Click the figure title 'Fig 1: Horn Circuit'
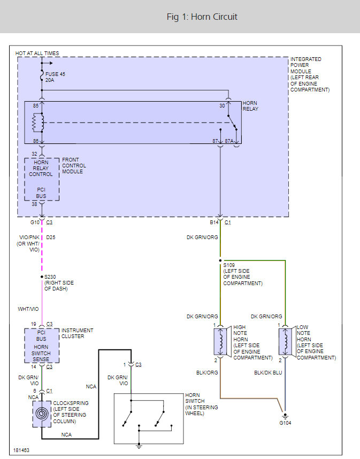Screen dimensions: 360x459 tap(202, 17)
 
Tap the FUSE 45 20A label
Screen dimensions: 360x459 tap(55, 77)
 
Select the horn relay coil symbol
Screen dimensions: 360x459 tap(38, 123)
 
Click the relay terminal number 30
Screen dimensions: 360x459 tap(222, 106)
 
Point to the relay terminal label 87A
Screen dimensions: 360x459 tap(229, 141)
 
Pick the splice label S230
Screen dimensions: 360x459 tap(50, 277)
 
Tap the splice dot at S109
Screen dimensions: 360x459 tap(220, 260)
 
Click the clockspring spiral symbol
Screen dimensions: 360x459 tap(42, 414)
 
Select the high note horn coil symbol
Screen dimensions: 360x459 tap(221, 341)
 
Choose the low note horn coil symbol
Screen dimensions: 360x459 tap(285, 341)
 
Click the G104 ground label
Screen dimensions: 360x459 tap(285, 423)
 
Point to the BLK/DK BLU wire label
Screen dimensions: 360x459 tap(268, 373)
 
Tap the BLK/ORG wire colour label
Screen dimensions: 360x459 tap(207, 373)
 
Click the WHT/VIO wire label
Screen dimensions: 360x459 tap(28, 309)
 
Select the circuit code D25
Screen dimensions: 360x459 tap(51, 238)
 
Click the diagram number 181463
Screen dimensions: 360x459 tap(21, 450)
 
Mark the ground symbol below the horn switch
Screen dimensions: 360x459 tap(139, 446)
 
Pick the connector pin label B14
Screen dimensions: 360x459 tap(215, 223)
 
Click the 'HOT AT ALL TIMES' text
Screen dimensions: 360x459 tap(37, 53)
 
